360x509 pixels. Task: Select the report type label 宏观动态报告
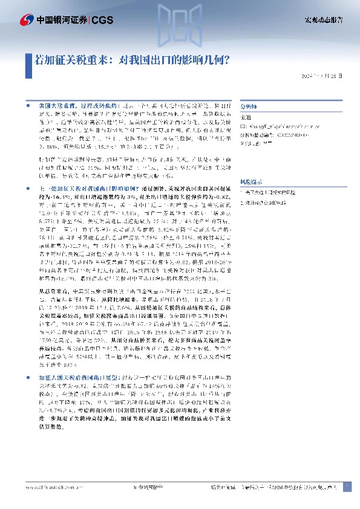click(x=323, y=21)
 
